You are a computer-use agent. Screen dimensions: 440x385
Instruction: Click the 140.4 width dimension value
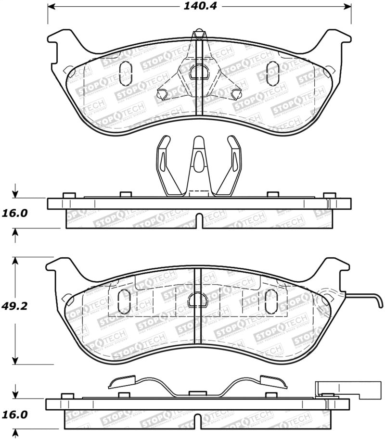tap(199, 7)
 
